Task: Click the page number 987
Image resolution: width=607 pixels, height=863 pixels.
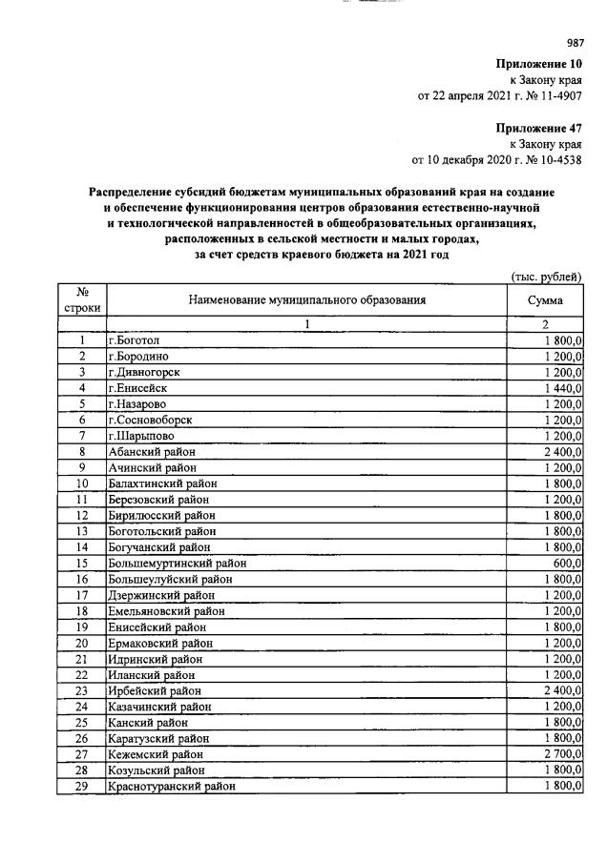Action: (575, 42)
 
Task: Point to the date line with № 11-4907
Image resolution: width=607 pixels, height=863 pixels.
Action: (500, 95)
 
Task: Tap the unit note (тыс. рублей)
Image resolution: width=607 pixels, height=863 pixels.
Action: (547, 277)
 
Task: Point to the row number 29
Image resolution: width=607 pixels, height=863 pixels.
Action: (82, 787)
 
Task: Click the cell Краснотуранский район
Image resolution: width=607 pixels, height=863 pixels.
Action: (172, 787)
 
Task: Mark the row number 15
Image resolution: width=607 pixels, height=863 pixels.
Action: (82, 563)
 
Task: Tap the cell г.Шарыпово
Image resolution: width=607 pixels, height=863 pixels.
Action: (141, 436)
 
